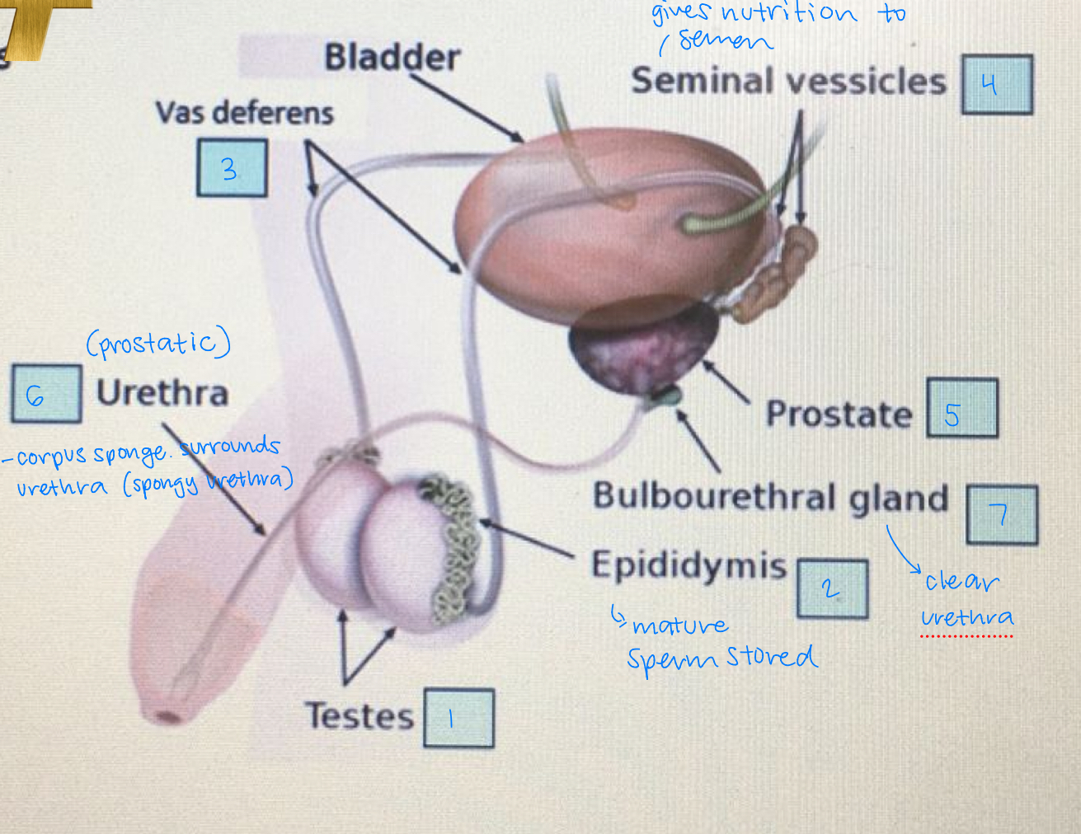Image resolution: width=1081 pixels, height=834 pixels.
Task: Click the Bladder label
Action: click(x=392, y=58)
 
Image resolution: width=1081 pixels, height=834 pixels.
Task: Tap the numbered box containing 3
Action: click(x=232, y=168)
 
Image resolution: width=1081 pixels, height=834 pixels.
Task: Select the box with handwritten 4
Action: click(x=997, y=84)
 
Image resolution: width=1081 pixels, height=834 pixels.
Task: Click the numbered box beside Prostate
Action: click(x=961, y=408)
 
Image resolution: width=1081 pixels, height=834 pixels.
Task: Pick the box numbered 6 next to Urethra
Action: click(x=46, y=394)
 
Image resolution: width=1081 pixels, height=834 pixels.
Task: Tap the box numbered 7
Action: click(x=1001, y=515)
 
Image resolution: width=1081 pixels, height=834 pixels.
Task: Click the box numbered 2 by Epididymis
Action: click(x=832, y=588)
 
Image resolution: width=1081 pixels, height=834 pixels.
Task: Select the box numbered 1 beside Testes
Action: click(x=458, y=718)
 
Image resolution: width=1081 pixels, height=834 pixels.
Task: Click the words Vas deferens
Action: click(x=244, y=113)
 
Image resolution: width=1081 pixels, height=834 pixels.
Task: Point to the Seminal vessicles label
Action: click(x=788, y=82)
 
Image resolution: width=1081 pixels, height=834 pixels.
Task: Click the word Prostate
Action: click(x=839, y=414)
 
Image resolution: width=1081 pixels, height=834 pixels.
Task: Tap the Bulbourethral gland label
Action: click(x=770, y=498)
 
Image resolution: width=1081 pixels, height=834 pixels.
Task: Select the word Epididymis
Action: click(x=689, y=565)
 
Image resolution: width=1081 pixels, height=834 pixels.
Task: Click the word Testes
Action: click(x=360, y=715)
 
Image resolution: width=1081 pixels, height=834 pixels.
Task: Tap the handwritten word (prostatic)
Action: click(x=158, y=343)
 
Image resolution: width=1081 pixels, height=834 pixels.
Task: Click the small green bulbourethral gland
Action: click(x=664, y=397)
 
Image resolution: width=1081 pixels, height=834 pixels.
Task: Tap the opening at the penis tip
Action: click(x=168, y=716)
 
